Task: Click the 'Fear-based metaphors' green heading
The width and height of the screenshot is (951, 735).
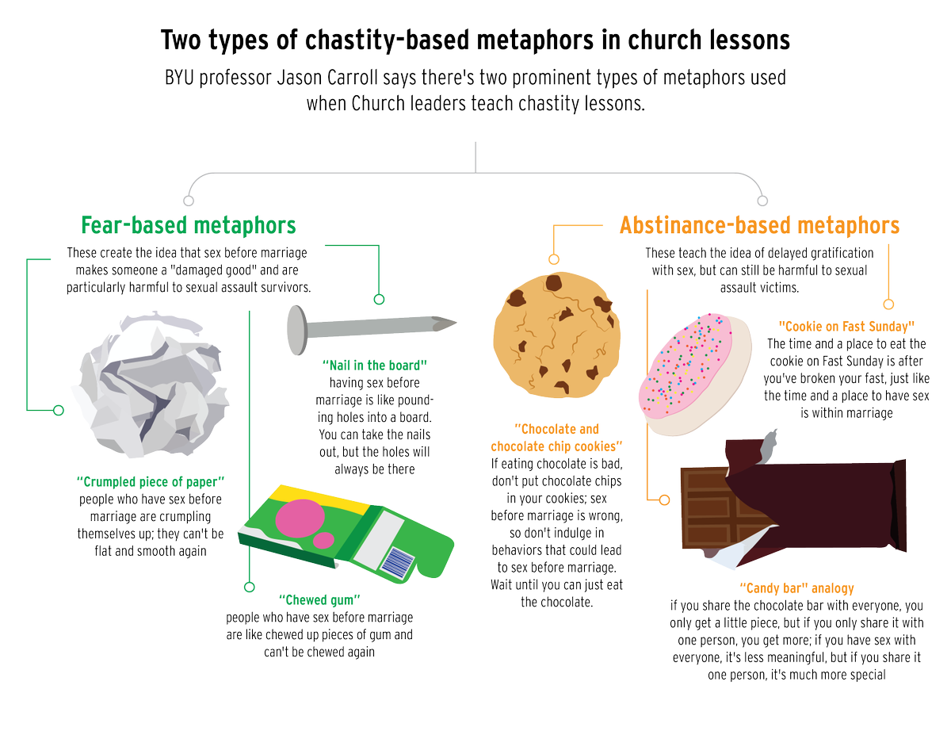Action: pos(188,225)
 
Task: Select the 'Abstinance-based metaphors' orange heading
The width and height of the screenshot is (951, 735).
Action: pos(759,225)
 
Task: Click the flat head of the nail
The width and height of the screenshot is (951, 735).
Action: pos(297,330)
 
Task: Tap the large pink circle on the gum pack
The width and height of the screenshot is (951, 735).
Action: pos(300,519)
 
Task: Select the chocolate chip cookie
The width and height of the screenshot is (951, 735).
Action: pos(556,335)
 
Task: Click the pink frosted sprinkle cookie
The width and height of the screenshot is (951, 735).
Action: pos(694,374)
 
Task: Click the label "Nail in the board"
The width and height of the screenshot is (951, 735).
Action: pos(375,365)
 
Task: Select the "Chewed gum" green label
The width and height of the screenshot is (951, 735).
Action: pos(319,599)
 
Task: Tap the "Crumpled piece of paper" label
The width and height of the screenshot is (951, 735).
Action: pos(151,481)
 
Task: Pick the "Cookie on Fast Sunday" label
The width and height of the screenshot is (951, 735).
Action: pos(846,327)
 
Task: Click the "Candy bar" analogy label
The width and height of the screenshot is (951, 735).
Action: pos(796,588)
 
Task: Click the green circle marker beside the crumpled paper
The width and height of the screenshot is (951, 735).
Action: pos(58,410)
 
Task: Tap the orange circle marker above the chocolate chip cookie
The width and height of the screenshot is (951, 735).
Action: pos(554,259)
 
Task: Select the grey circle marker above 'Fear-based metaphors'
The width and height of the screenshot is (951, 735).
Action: pos(189,201)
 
